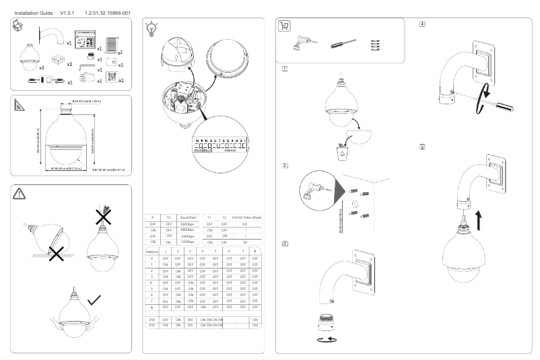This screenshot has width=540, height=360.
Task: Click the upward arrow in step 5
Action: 461,219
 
